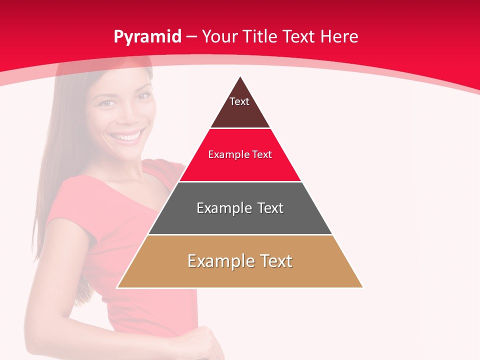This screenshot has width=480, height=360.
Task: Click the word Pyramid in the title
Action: (x=147, y=37)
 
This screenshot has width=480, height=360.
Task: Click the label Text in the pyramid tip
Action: (x=239, y=101)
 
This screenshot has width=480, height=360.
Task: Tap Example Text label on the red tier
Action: (x=240, y=154)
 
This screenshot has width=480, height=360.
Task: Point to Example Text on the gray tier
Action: (x=240, y=208)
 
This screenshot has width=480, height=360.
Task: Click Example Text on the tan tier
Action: (x=240, y=261)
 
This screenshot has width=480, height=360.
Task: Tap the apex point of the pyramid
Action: (x=240, y=76)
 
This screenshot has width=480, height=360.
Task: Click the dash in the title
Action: (x=191, y=37)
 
